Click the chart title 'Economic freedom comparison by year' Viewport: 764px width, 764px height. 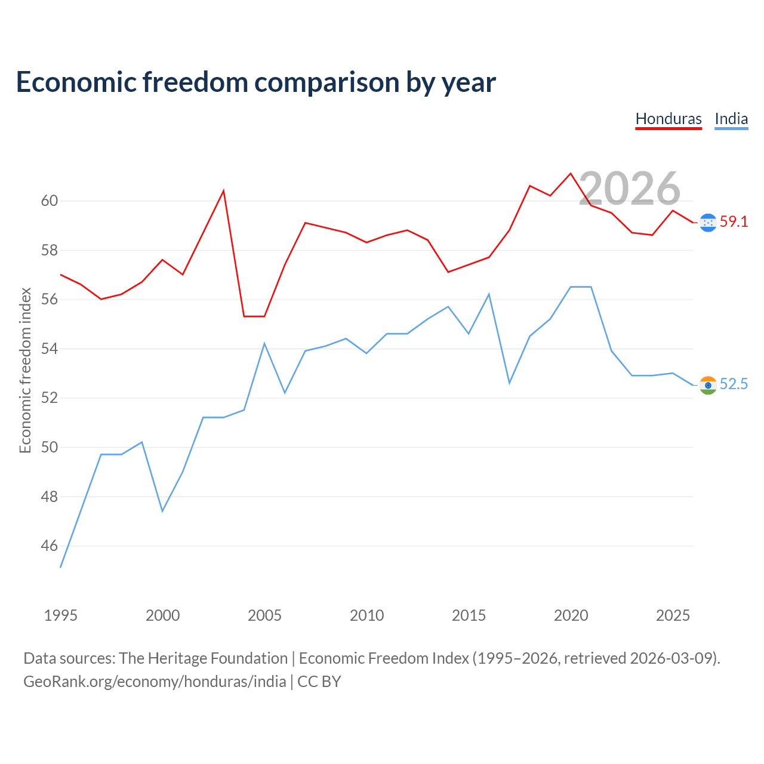255,82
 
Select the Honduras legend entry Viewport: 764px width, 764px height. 668,119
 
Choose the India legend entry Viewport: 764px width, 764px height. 731,119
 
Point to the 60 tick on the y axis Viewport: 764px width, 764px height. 50,201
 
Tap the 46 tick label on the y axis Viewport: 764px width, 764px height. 50,546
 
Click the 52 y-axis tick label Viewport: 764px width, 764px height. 50,398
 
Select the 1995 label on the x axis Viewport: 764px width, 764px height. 61,615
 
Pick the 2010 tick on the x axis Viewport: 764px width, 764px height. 366,615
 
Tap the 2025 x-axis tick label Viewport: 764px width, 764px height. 673,615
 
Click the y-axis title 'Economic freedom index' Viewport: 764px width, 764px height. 26,370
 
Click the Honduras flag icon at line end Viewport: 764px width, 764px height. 708,223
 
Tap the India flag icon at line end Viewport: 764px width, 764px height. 708,385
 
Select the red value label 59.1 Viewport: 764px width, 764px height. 734,221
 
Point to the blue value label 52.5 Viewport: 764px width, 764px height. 734,384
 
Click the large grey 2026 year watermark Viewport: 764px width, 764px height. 630,189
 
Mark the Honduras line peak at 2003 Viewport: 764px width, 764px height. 224,191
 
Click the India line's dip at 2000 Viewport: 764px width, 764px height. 162,511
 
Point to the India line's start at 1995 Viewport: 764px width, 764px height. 61,568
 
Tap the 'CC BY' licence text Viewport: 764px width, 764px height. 319,682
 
